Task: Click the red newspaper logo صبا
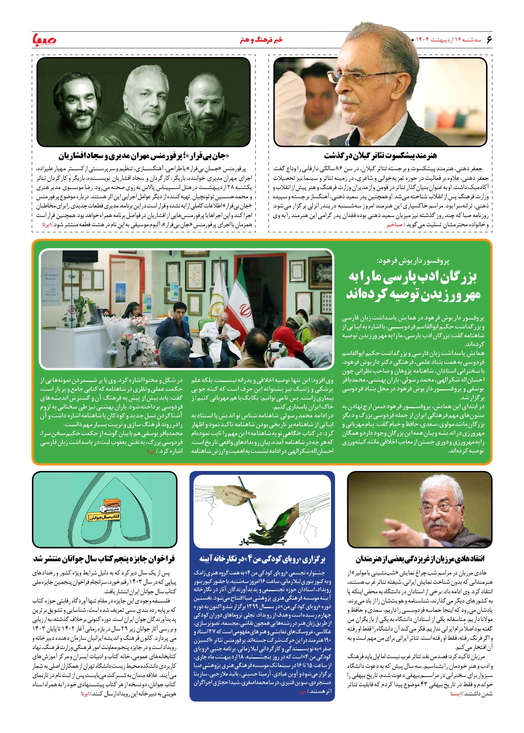coord(44,40)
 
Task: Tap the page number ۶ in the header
coord(489,39)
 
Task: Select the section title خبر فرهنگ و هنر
coord(261,39)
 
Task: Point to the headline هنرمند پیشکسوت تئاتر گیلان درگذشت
coord(380,156)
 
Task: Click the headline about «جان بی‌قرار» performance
coord(144,156)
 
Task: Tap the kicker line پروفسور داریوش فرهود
coord(413,261)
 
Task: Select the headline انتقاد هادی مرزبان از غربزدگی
coord(420,559)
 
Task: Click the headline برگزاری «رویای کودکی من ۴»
coord(262,559)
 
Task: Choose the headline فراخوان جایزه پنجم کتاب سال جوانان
coord(104,559)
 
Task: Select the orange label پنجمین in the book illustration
coord(112,503)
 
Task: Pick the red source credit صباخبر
coord(395,225)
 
